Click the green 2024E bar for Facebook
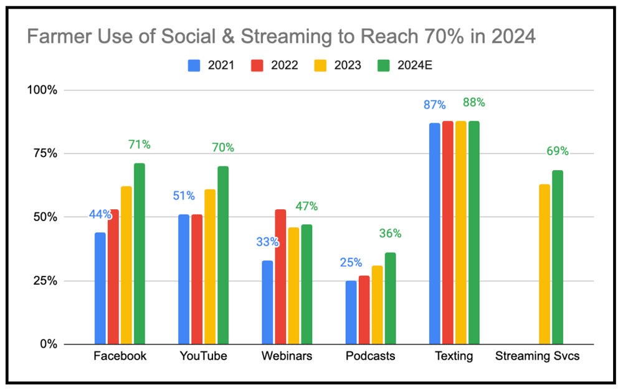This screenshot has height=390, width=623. (140, 254)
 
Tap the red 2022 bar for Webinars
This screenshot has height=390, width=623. (280, 277)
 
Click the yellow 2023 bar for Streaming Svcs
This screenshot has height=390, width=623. (545, 264)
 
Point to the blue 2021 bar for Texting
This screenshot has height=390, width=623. (435, 234)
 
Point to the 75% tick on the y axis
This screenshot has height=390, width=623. (44, 153)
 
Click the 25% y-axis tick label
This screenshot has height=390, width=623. (44, 280)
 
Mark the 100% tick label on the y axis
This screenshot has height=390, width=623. (41, 90)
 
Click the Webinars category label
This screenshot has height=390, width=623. (287, 356)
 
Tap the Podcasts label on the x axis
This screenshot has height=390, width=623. (370, 356)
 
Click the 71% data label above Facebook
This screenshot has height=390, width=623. (139, 145)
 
